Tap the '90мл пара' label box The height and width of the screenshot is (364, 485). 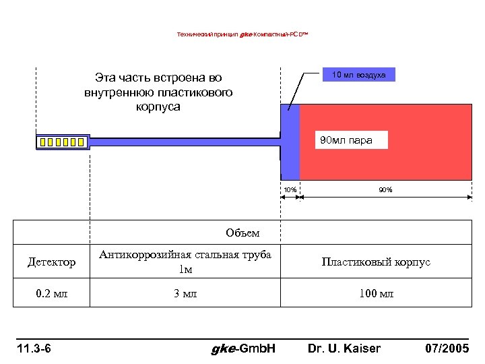pos(346,140)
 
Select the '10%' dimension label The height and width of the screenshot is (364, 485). pos(289,189)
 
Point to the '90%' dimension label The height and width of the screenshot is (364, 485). pos(385,189)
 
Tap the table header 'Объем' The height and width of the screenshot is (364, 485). pos(243,233)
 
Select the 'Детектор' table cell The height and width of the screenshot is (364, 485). pos(52,262)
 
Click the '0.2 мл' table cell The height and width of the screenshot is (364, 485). pos(52,294)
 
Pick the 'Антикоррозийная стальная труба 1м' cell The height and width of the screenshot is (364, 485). pos(185,262)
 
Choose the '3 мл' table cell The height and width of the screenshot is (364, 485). pos(185,294)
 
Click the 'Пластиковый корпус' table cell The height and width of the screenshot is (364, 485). pos(376,262)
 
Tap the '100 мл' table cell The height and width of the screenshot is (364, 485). pos(376,294)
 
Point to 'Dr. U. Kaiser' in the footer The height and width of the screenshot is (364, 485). pos(344,348)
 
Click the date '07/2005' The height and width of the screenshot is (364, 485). pos(447,348)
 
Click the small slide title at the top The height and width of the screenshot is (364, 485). pos(242,34)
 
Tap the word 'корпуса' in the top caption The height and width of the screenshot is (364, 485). pos(158,107)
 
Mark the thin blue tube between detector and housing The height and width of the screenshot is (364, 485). pos(185,142)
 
